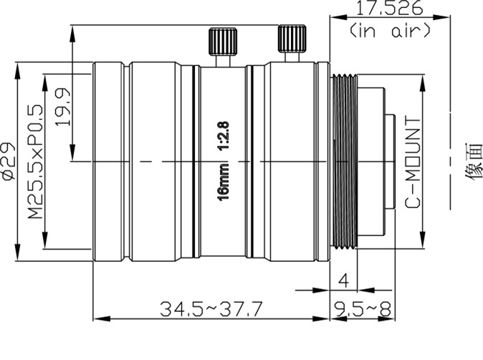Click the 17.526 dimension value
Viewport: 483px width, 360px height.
tap(389, 8)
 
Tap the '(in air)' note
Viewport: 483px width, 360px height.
tap(389, 31)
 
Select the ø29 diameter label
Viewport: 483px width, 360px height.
tap(9, 160)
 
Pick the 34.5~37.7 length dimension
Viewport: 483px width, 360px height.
tap(211, 309)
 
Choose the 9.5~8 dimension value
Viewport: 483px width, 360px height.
tap(363, 309)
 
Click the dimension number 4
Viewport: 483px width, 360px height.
tap(343, 281)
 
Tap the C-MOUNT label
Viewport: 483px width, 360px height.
tap(413, 162)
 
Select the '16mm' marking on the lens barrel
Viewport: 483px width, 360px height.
tap(224, 182)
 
